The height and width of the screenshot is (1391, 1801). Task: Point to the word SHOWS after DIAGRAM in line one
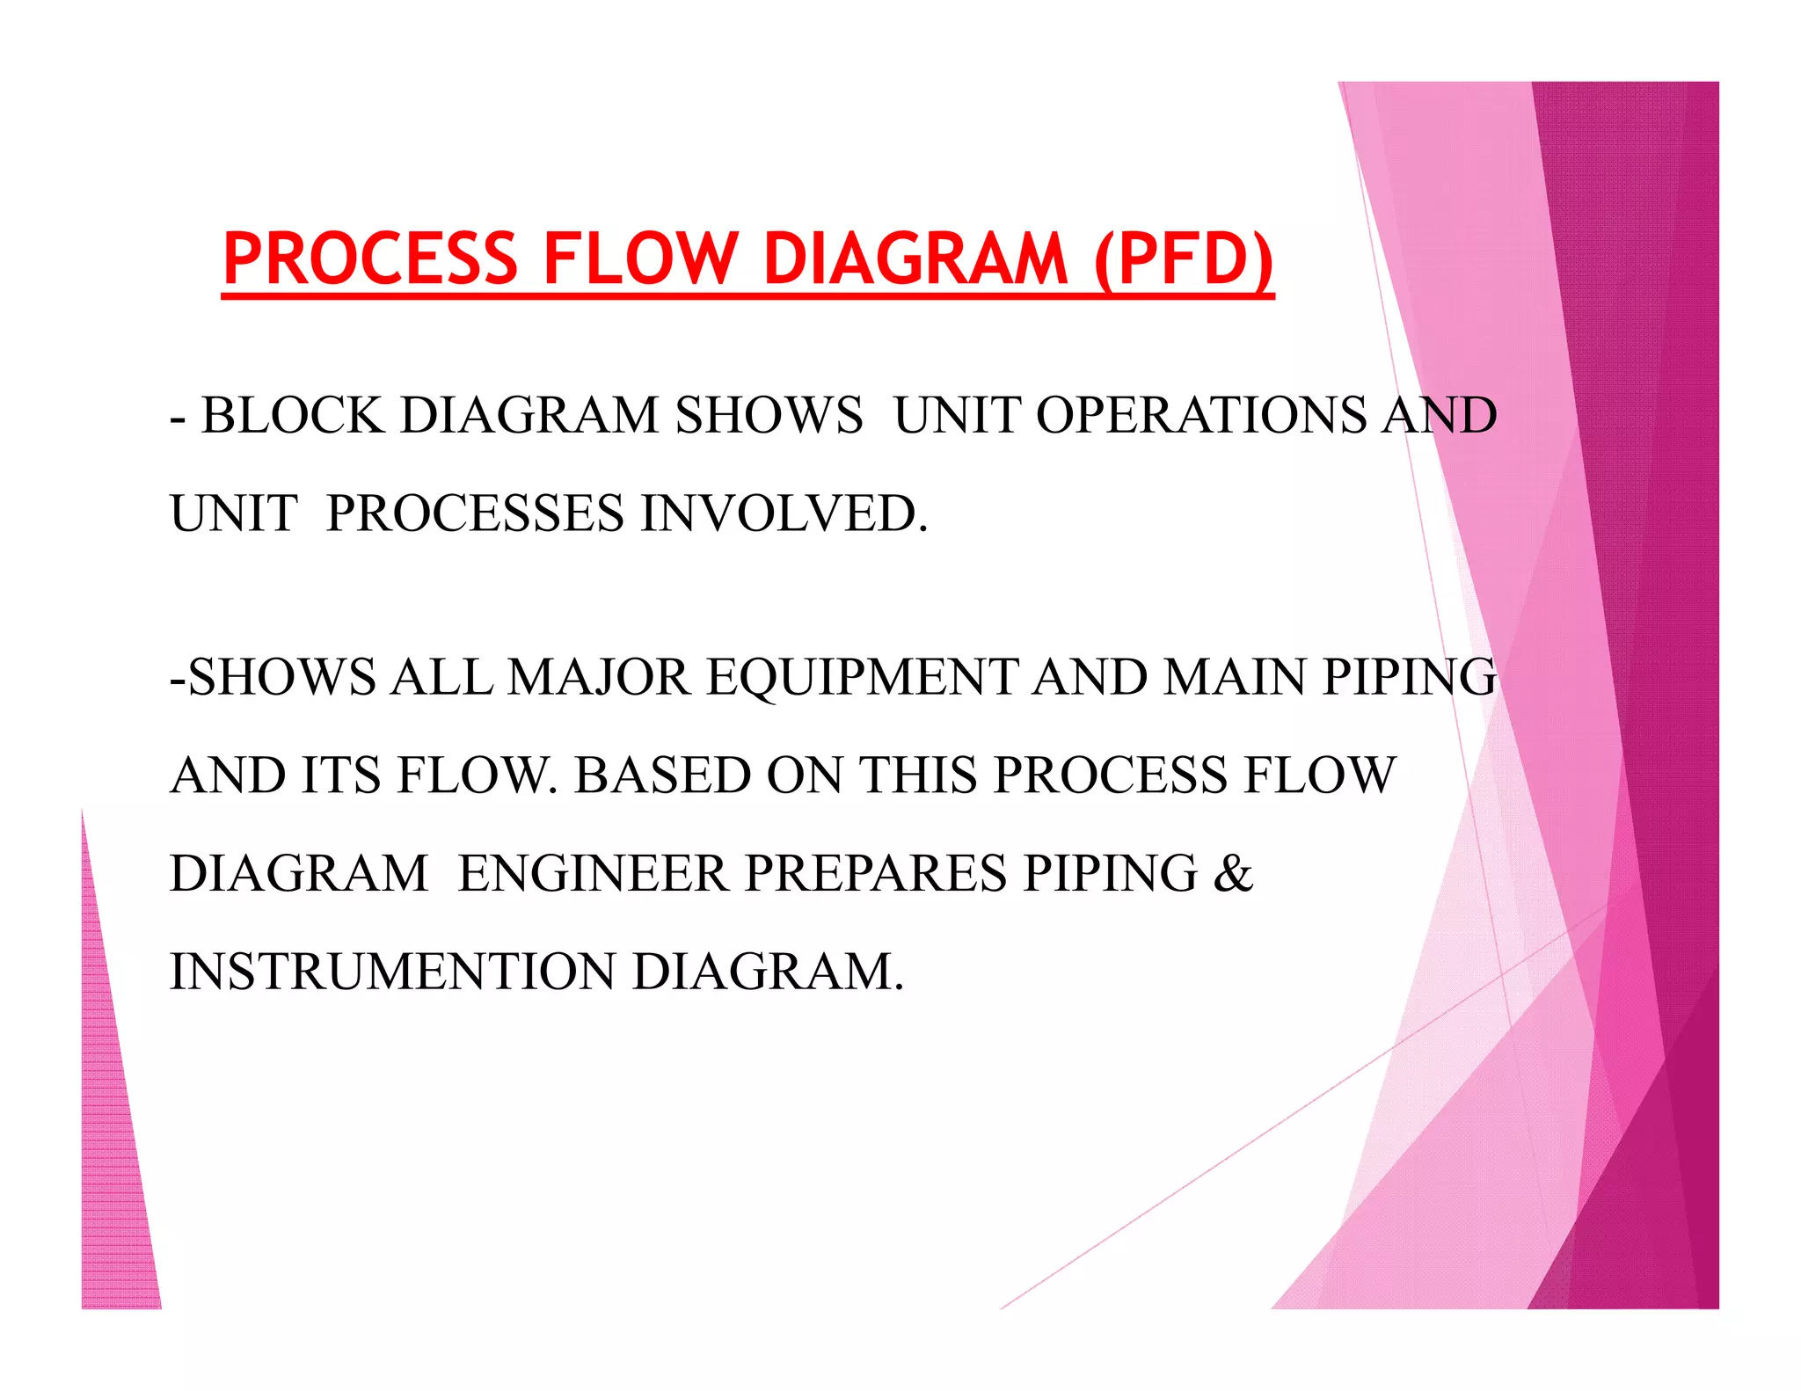tap(769, 415)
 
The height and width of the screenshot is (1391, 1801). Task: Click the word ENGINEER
tap(593, 873)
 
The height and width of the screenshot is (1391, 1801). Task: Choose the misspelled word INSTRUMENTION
tap(392, 972)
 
